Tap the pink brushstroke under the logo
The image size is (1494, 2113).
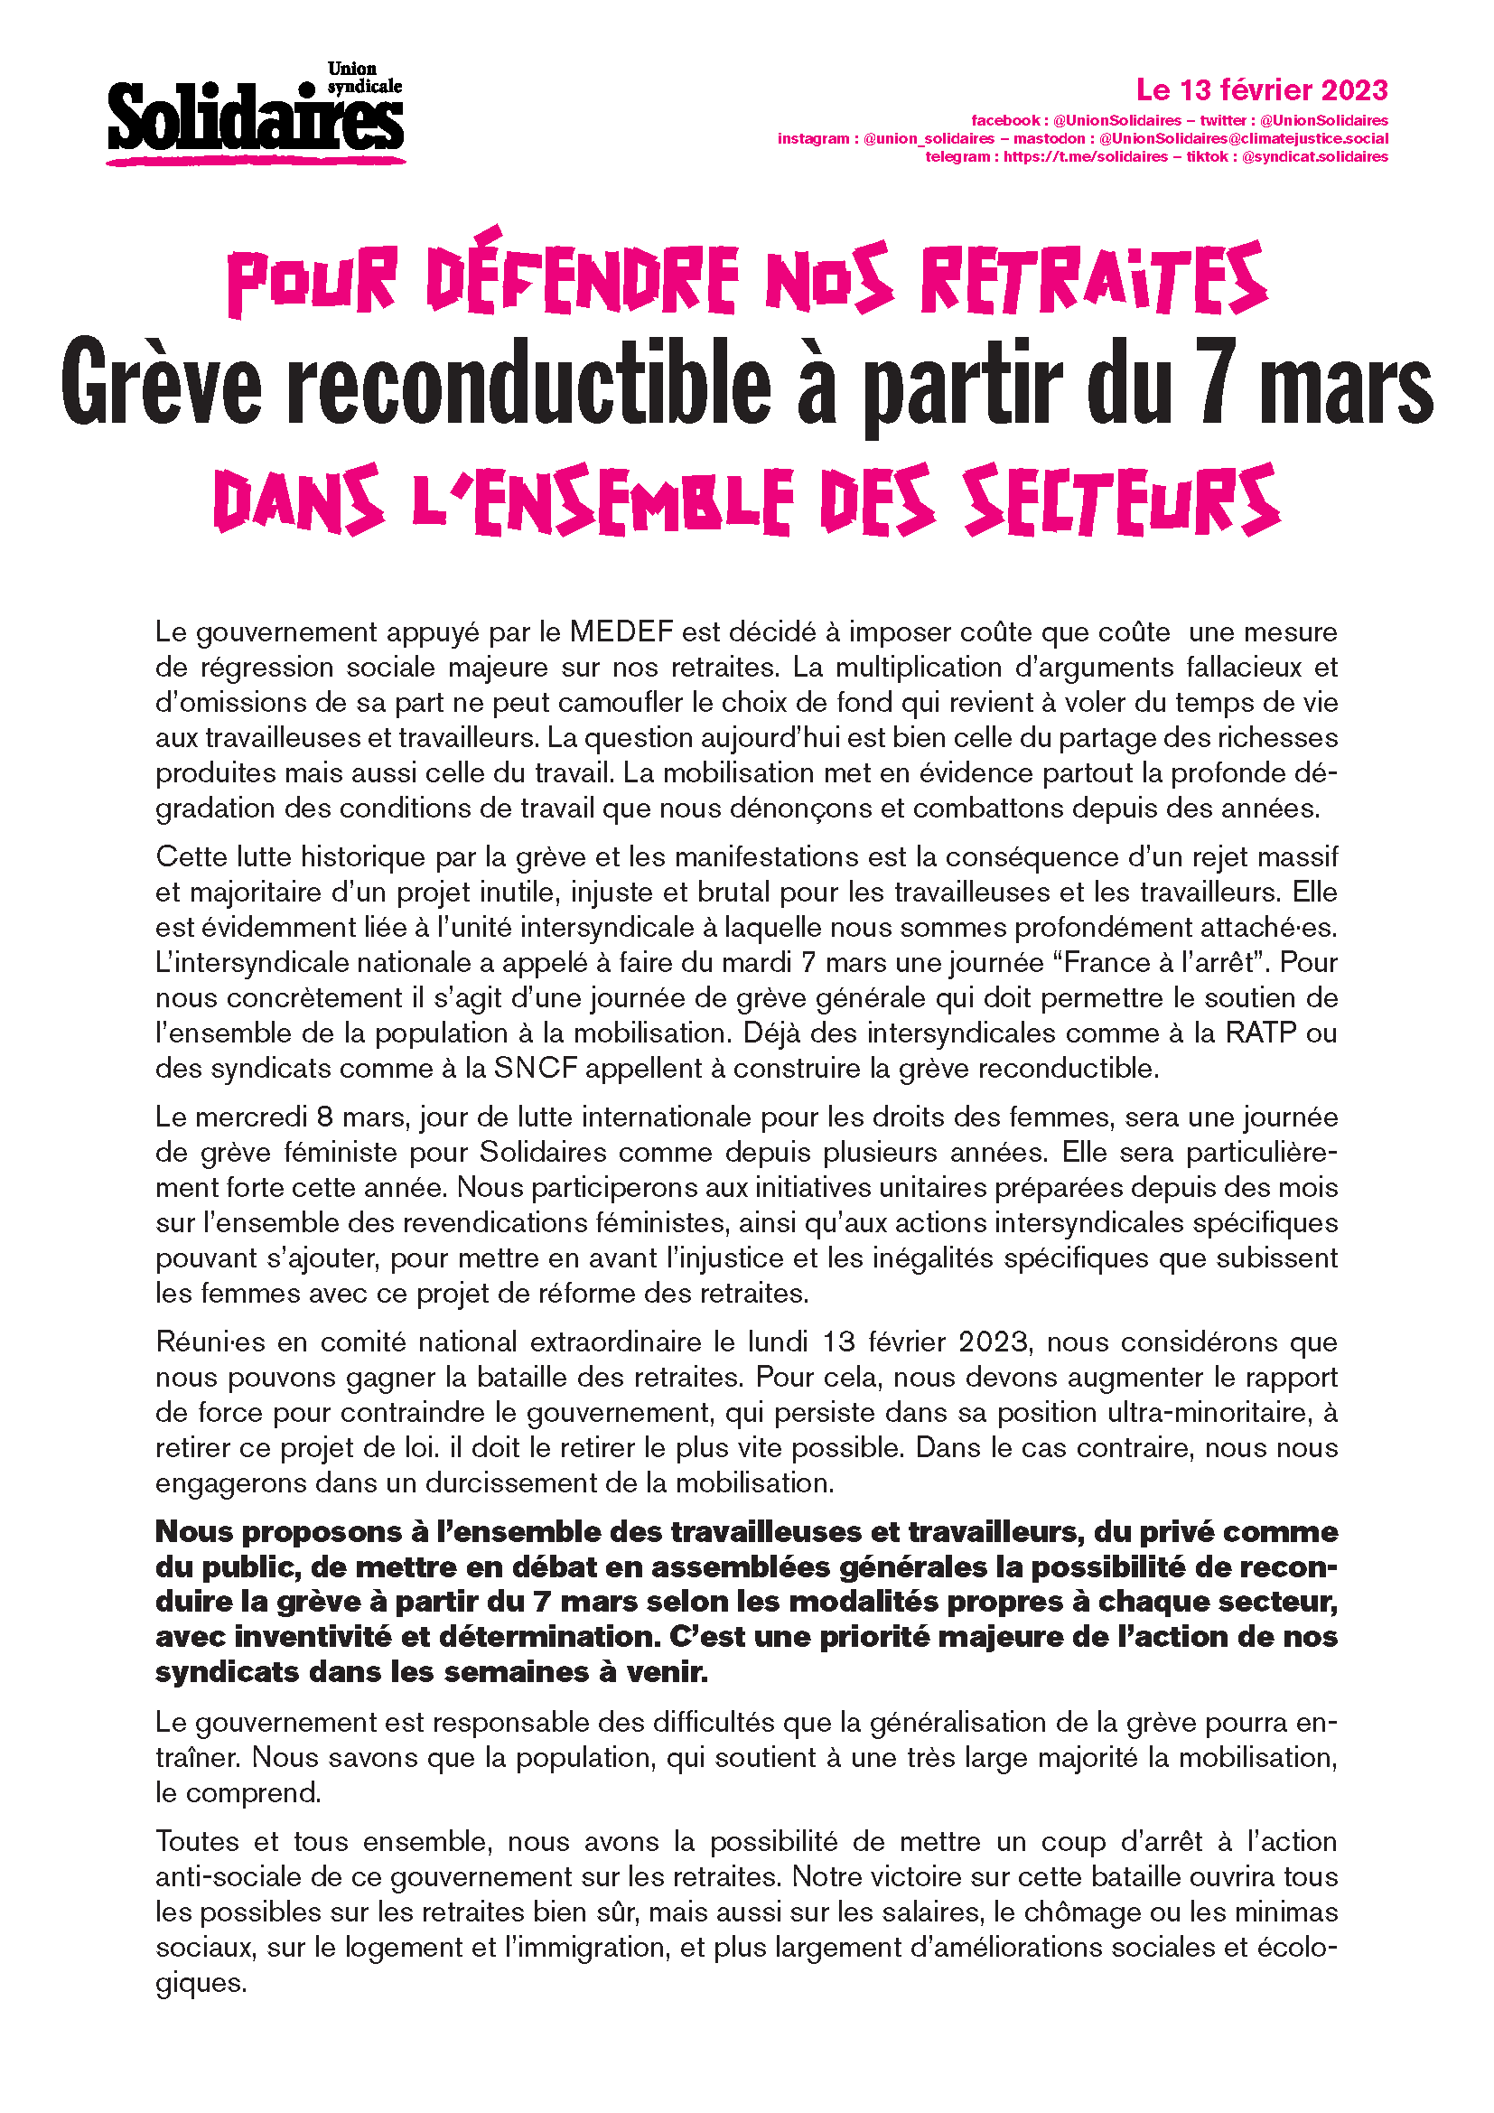tap(256, 161)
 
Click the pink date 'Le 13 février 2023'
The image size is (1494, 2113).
tap(1261, 90)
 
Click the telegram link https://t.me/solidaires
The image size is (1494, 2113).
tap(1086, 157)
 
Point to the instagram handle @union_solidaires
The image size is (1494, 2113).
tap(929, 139)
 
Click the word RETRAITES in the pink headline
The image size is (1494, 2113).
tap(1094, 280)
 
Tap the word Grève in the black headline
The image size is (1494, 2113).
tap(162, 385)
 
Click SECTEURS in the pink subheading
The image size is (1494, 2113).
tap(1122, 501)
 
